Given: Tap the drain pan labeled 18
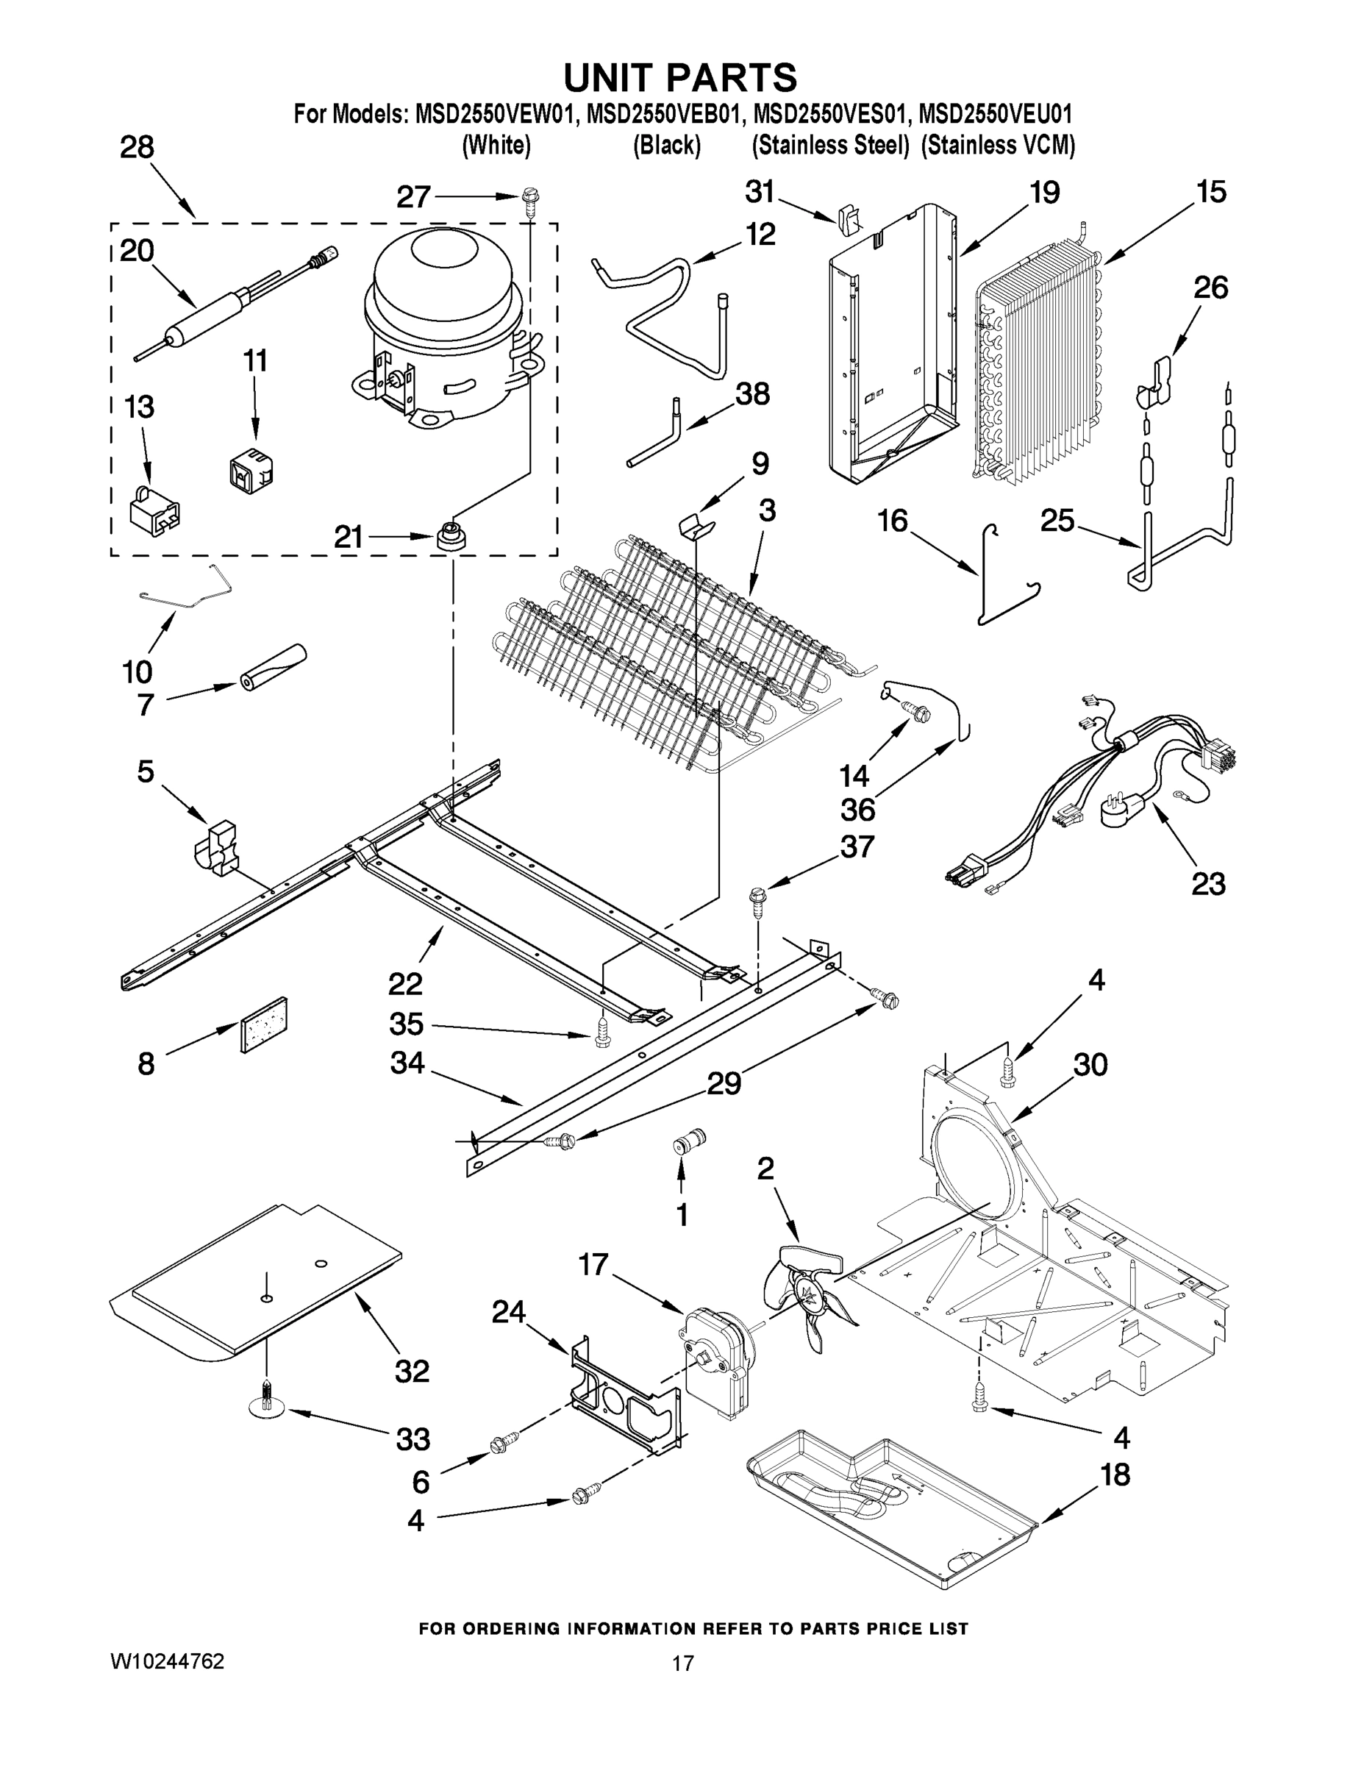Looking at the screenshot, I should click(x=889, y=1510).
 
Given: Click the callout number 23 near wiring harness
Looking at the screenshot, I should click(x=1208, y=883).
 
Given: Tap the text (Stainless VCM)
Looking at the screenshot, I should click(x=998, y=146).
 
